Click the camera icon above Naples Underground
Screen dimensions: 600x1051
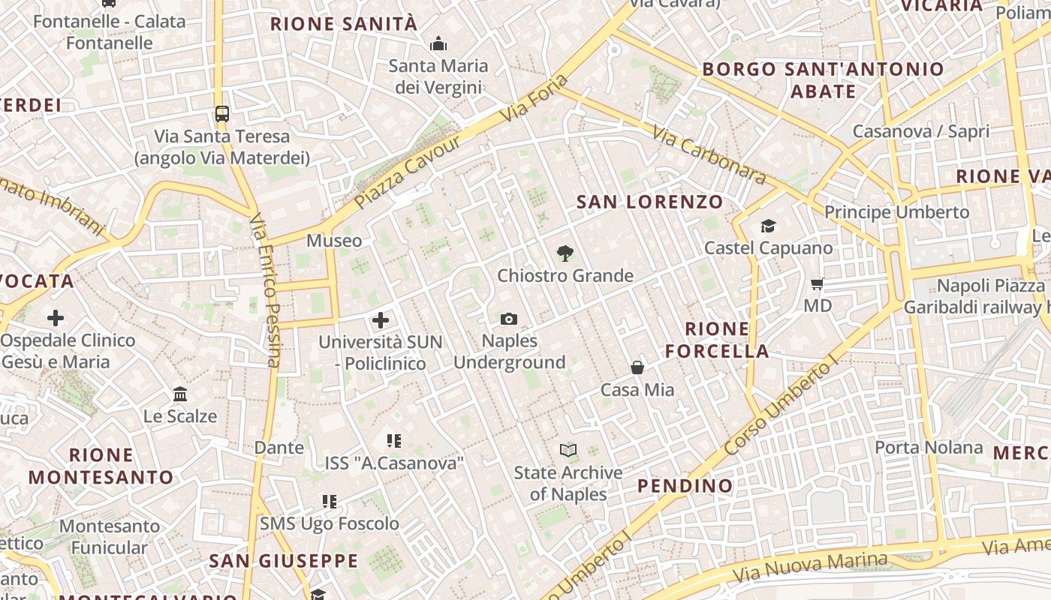pos(509,319)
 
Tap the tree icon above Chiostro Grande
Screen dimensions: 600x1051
pos(565,253)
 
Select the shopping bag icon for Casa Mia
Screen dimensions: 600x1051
pos(637,367)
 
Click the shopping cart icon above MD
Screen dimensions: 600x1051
pos(818,283)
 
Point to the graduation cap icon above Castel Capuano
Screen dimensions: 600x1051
pos(768,226)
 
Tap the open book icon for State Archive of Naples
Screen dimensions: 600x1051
pos(568,450)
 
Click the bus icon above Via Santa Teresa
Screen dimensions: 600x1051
pos(221,114)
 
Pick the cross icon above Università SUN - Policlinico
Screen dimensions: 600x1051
pos(381,320)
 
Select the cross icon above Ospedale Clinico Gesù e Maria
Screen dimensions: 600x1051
pos(56,318)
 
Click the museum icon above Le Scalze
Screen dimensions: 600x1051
pos(180,394)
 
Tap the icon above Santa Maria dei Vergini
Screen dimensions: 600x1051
pos(438,44)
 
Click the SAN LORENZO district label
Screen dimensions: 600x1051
pos(649,202)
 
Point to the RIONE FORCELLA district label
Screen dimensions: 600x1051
pos(717,340)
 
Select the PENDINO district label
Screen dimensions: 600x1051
pos(685,486)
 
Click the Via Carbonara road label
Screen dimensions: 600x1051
pos(709,155)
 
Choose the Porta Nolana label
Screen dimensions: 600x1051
pos(929,448)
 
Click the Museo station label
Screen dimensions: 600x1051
pos(334,241)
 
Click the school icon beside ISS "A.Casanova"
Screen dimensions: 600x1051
pos(393,441)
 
